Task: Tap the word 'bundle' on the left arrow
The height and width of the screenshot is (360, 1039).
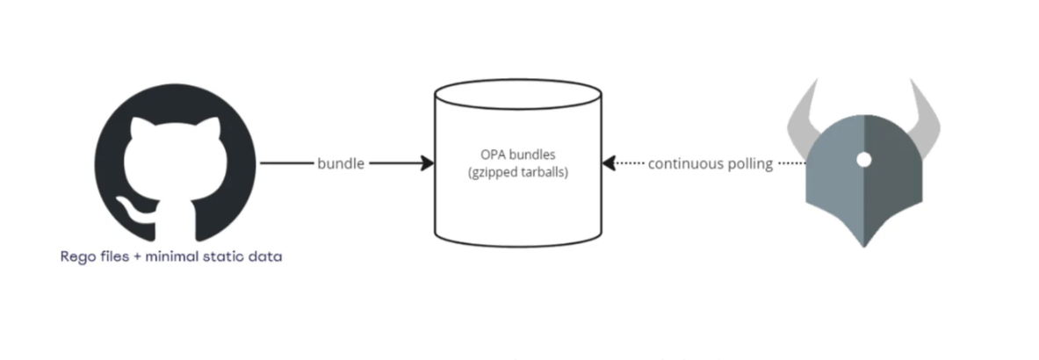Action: tap(342, 163)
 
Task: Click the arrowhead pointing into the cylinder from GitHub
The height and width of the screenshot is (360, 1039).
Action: tap(429, 163)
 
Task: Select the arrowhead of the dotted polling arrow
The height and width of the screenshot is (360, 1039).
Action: tap(609, 163)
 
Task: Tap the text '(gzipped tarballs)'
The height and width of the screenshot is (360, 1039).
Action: tap(518, 173)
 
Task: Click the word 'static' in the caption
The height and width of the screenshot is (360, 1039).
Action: tap(228, 257)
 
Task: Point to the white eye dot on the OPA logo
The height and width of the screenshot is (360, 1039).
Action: tap(864, 159)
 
